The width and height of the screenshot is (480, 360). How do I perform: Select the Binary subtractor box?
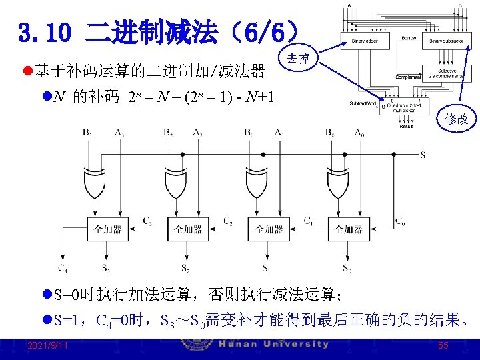[x=445, y=41]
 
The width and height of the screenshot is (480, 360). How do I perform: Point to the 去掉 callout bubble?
[x=297, y=59]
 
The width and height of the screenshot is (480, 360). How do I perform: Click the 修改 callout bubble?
[x=457, y=119]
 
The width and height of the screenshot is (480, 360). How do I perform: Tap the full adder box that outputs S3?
[x=107, y=229]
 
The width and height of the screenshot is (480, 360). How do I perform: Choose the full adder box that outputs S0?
[x=349, y=229]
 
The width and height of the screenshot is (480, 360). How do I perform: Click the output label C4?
[x=62, y=269]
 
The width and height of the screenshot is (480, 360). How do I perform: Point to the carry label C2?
[x=227, y=220]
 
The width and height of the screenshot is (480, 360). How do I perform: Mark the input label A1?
[x=279, y=132]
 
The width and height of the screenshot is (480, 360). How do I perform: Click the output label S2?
[x=185, y=269]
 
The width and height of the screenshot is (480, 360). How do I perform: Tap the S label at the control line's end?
[x=422, y=155]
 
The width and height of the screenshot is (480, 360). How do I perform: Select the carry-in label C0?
[x=399, y=220]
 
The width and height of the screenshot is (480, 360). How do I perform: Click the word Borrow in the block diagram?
[x=409, y=38]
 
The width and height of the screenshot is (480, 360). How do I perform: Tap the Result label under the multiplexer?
[x=406, y=125]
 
